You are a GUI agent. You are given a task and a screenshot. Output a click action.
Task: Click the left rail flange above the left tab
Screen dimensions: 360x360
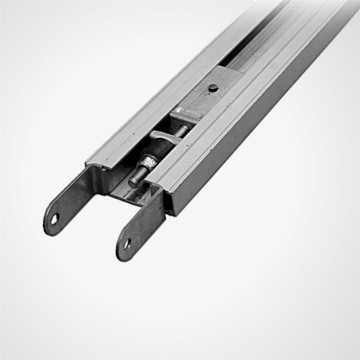pos(95,160)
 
